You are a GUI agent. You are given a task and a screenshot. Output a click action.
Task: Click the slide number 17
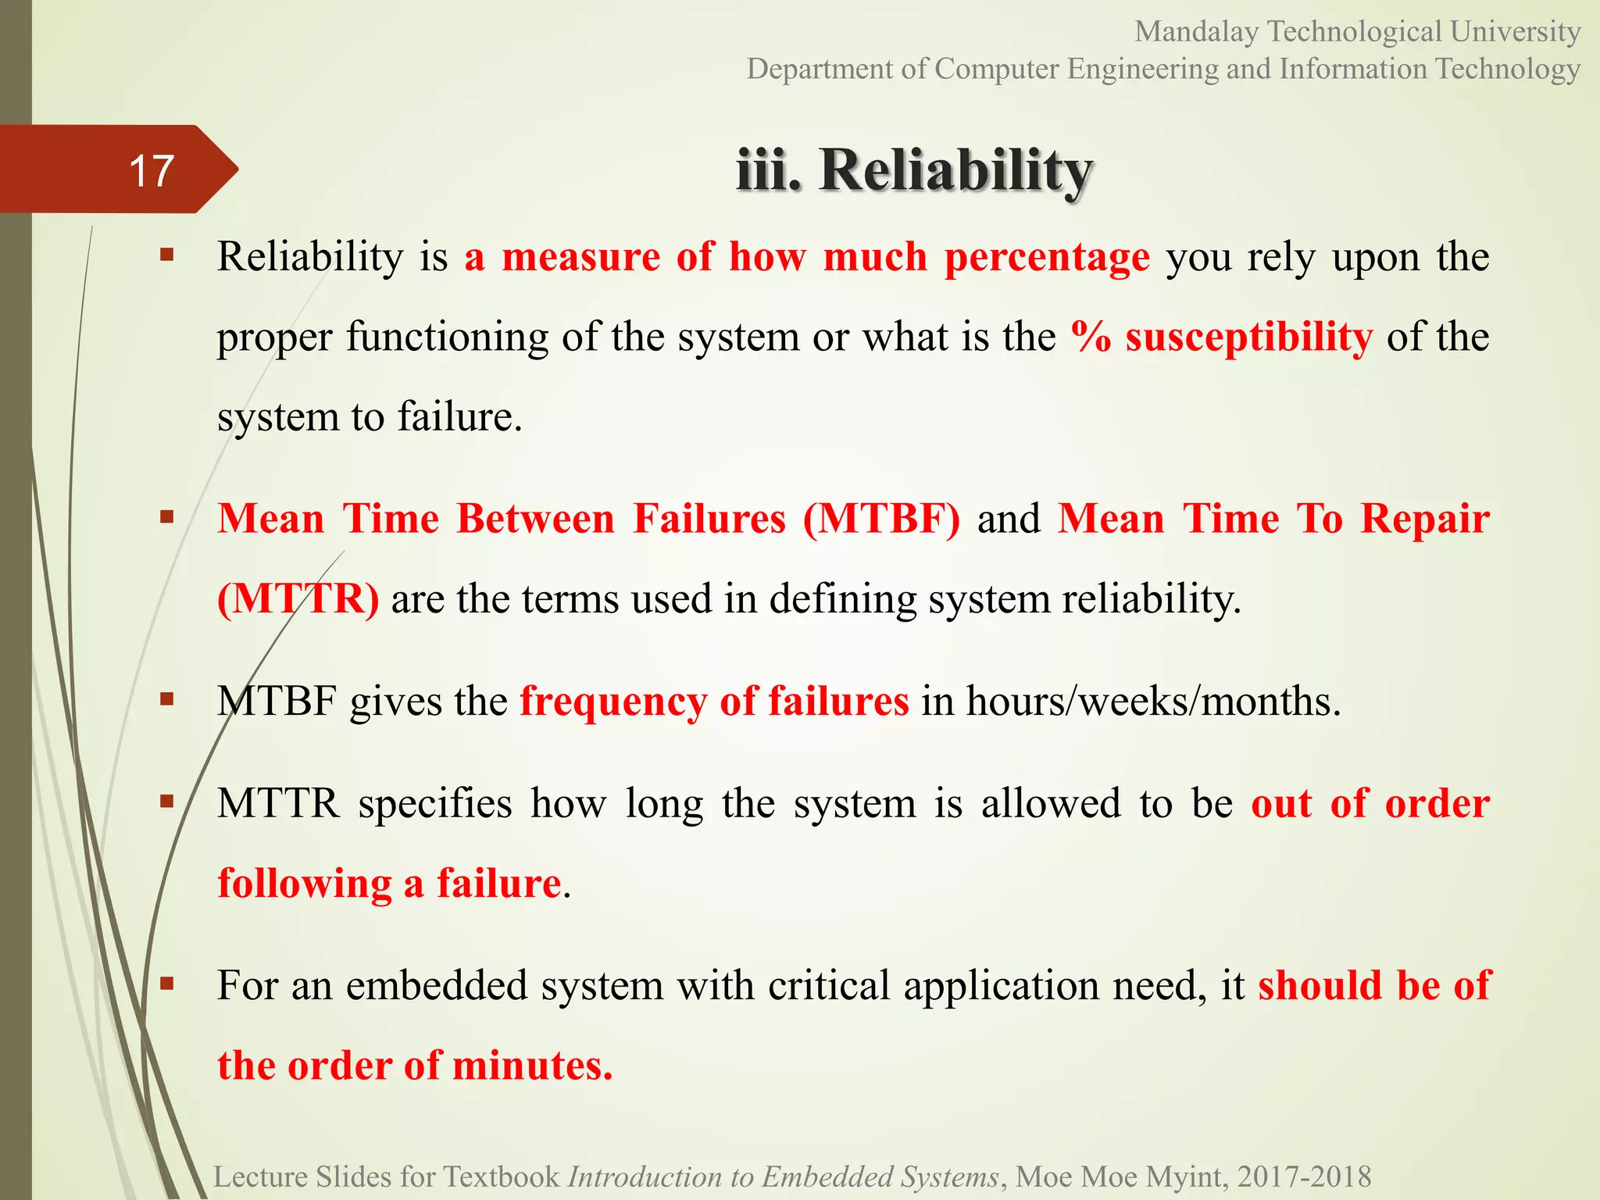151,170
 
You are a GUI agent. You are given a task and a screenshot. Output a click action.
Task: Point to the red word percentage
1047,256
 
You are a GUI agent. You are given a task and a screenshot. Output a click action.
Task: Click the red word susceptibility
1248,337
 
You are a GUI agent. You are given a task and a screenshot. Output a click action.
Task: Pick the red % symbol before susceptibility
1091,337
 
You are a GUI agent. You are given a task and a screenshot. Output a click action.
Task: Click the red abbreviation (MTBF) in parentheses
881,519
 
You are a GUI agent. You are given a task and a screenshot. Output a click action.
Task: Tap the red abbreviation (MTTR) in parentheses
298,599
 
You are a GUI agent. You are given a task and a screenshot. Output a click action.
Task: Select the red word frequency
613,701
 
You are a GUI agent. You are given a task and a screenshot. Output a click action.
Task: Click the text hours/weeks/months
1153,701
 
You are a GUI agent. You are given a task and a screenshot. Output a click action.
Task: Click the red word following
305,884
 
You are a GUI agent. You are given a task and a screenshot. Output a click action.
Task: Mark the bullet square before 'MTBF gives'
166,698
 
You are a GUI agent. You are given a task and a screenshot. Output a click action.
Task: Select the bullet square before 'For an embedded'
166,983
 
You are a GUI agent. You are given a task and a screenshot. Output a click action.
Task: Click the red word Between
535,519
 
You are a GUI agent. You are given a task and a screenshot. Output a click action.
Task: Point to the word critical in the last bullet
829,985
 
